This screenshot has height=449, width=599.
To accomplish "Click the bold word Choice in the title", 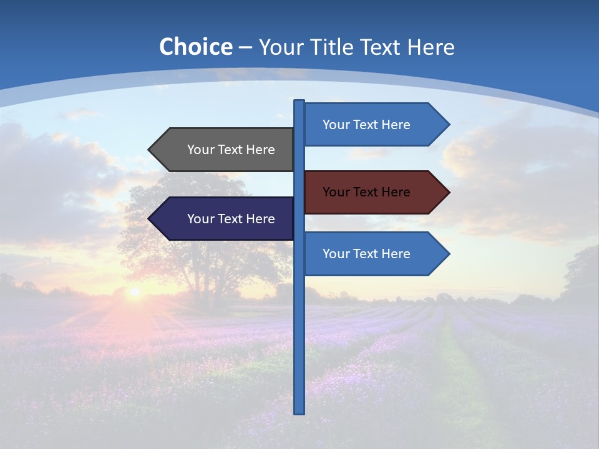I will pyautogui.click(x=195, y=47).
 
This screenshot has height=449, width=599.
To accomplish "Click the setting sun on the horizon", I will pyautogui.click(x=134, y=291).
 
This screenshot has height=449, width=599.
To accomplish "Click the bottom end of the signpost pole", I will pyautogui.click(x=299, y=412).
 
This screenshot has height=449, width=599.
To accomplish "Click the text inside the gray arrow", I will pyautogui.click(x=231, y=150).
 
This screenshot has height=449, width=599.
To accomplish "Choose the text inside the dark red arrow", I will pyautogui.click(x=366, y=192).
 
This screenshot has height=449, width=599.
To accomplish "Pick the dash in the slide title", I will pyautogui.click(x=245, y=47).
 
